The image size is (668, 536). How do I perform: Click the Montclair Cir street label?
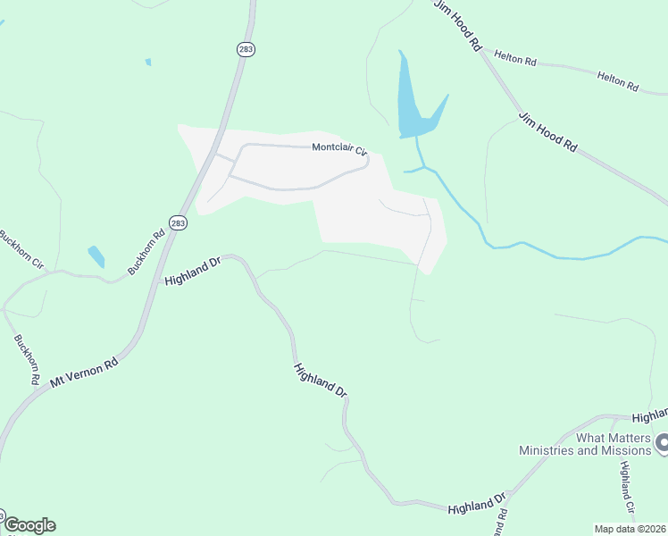(339, 149)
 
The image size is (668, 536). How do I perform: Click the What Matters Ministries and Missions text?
(587, 444)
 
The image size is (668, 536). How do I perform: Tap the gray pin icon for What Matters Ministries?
(662, 441)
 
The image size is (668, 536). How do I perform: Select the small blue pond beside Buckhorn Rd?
(96, 256)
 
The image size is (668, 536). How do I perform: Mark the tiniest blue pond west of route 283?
(147, 62)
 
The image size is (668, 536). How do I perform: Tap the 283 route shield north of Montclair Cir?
(245, 50)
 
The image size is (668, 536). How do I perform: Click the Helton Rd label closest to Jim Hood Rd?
(518, 61)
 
